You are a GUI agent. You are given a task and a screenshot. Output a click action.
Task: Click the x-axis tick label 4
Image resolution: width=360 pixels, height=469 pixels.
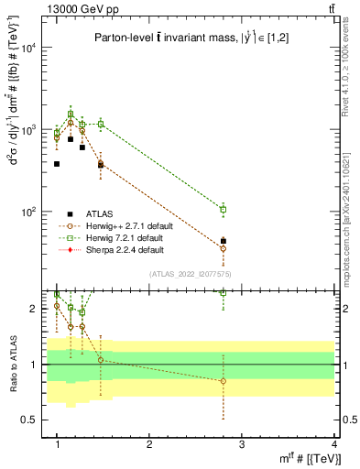334,444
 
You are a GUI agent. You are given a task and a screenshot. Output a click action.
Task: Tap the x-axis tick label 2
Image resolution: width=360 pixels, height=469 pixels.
149,444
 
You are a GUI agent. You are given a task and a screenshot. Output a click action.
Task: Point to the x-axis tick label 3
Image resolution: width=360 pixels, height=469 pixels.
242,444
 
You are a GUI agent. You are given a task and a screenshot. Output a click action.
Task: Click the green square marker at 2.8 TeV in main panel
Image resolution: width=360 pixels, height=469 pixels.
224,210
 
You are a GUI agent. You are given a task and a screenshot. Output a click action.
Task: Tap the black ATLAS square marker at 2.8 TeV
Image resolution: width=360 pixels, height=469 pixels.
224,241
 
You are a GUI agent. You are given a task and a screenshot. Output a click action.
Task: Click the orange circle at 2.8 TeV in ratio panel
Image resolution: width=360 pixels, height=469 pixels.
224,381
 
